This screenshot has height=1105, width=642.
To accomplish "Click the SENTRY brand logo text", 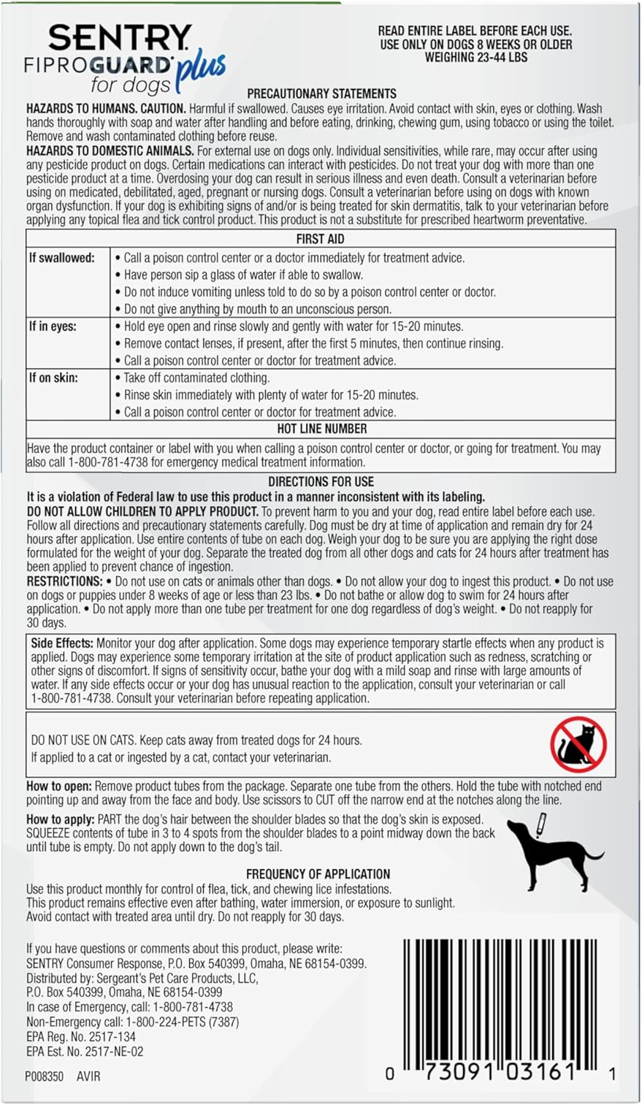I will [x=120, y=38].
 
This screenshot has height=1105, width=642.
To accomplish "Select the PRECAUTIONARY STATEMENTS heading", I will [x=322, y=94].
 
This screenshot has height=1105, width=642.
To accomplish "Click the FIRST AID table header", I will [x=320, y=239].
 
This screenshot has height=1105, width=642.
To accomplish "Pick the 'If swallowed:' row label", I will [x=62, y=258].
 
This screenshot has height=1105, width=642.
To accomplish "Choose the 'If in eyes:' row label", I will [x=52, y=326].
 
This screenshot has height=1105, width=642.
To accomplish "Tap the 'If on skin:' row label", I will [x=53, y=378].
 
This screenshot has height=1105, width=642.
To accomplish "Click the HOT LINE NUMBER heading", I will [x=322, y=429].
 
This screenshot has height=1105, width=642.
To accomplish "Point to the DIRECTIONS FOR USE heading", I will [x=321, y=482].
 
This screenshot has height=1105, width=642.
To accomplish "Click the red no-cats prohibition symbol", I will [x=579, y=745].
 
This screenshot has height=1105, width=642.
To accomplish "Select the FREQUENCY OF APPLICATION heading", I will [x=318, y=874].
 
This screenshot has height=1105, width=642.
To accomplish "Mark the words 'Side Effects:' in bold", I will [x=62, y=643].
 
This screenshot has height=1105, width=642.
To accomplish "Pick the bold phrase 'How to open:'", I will [x=59, y=786].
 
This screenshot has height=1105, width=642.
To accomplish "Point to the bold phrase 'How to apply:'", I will [x=60, y=819].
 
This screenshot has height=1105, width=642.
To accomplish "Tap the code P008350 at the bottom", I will [x=44, y=1076].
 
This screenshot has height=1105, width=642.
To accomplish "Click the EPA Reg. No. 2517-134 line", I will [x=81, y=1036].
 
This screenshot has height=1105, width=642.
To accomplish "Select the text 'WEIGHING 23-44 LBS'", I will [x=476, y=57].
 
